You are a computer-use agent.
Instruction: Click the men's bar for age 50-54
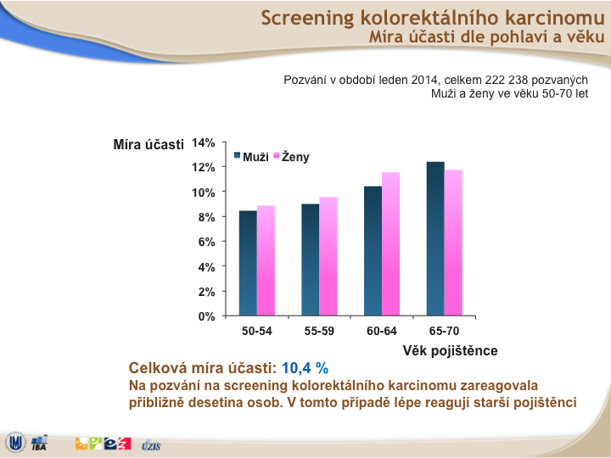click(248, 263)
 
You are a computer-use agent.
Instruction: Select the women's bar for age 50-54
click(266, 260)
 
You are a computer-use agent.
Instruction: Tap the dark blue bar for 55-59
click(311, 260)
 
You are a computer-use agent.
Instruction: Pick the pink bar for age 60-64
click(391, 243)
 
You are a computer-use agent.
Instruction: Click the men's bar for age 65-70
click(435, 238)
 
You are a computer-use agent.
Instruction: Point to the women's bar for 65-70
click(453, 243)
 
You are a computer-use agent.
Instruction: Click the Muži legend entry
click(251, 157)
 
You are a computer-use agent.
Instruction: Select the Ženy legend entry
click(291, 157)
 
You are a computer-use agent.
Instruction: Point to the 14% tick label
click(204, 143)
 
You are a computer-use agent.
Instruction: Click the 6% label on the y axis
click(206, 242)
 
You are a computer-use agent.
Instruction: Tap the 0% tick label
click(206, 316)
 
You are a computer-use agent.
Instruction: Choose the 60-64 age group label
click(382, 331)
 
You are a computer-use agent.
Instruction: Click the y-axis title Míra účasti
click(149, 144)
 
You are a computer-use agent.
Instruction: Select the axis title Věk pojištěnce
click(450, 351)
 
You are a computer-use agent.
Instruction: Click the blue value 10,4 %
click(305, 368)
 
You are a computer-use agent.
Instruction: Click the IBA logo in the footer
click(39, 444)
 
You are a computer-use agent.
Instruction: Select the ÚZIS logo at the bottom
click(151, 445)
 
